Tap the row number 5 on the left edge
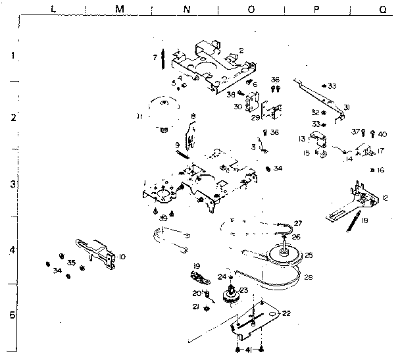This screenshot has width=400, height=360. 11,315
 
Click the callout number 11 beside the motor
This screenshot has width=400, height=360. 139,117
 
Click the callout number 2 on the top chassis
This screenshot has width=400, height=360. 241,50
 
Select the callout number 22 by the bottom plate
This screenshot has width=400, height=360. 286,313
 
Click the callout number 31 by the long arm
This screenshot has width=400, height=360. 346,107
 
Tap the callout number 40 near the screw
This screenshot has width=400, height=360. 383,134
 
